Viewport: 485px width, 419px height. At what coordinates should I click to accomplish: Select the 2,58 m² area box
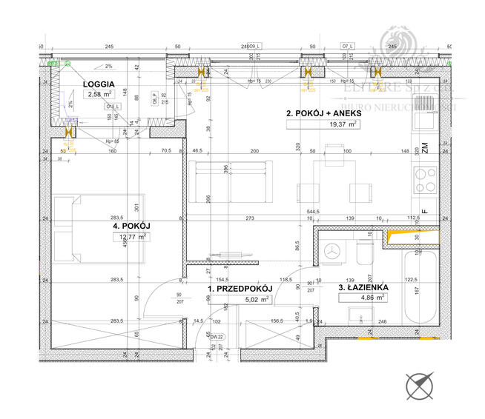pos(99,94)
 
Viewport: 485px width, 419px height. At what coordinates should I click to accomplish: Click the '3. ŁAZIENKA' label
pos(363,288)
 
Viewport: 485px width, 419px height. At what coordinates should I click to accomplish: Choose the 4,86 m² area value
pos(362,298)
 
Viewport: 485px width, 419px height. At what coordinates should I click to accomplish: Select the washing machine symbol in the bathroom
pos(331,252)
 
